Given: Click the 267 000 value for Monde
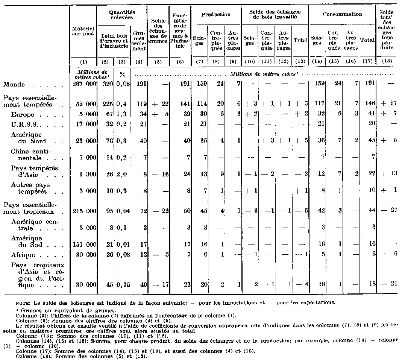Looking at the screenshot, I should pos(85,84).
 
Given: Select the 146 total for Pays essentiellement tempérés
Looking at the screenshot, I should pos(368,105).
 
